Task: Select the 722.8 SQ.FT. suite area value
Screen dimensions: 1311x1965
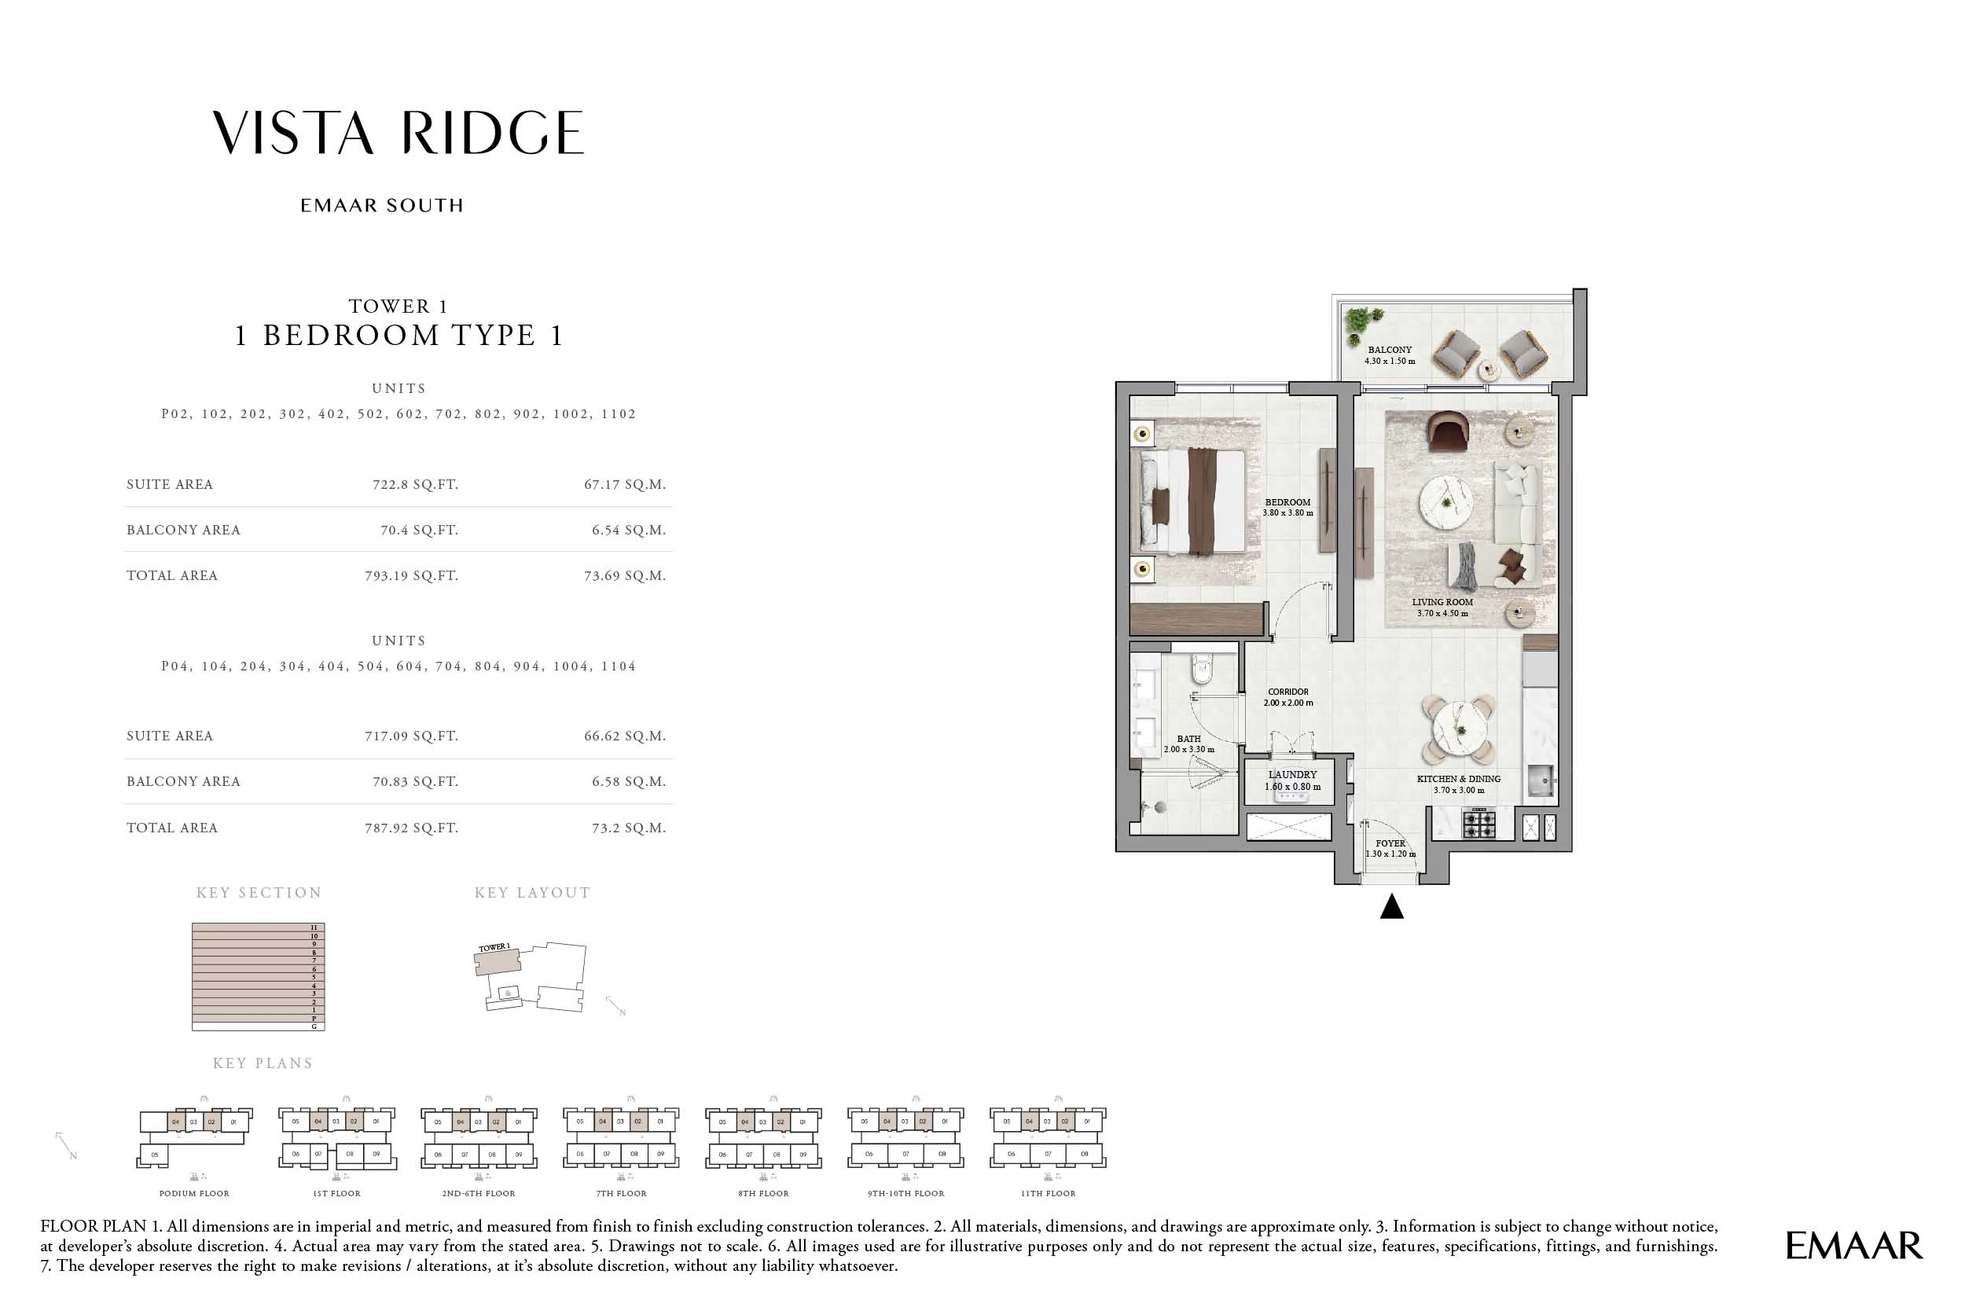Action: [415, 484]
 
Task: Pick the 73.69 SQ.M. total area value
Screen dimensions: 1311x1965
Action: [624, 575]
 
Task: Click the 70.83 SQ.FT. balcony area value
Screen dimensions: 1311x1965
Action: [415, 781]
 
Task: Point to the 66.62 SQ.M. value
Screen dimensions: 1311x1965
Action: [624, 736]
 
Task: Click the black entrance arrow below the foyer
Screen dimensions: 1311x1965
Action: [1391, 907]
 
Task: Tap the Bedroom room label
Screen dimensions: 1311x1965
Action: [1287, 502]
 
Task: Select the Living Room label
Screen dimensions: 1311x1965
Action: [1442, 602]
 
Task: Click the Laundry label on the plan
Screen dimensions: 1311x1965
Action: [1292, 775]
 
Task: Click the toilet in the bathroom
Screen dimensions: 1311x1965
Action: [1203, 669]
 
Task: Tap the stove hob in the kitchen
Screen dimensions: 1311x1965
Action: [1478, 824]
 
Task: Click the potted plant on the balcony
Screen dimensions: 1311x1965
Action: [1361, 322]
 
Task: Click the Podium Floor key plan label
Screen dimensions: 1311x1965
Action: [194, 1193]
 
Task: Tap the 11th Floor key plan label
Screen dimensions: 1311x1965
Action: [1048, 1193]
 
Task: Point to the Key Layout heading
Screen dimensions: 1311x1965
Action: [532, 893]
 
